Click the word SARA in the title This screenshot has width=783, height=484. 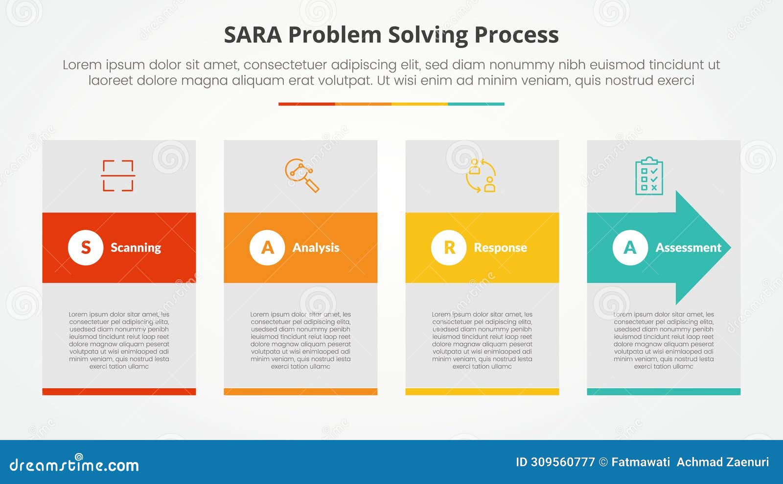(x=253, y=35)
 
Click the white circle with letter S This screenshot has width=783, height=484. (x=86, y=247)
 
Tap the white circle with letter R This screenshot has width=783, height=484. (x=449, y=247)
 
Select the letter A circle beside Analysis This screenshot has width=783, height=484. (x=267, y=247)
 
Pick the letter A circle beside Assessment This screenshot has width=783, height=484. (x=630, y=247)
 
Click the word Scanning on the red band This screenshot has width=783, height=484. (x=136, y=248)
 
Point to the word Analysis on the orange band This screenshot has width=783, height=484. (x=316, y=248)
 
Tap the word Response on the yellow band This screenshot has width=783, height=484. (x=500, y=248)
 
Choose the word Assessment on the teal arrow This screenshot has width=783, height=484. (x=688, y=248)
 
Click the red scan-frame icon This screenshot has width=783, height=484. (x=118, y=176)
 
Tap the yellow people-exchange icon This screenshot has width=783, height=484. (x=481, y=176)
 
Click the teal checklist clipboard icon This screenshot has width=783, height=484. (x=649, y=176)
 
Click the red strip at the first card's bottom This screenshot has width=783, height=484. (x=119, y=392)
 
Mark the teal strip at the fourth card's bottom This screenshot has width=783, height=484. (x=664, y=392)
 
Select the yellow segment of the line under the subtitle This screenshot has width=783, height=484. (x=419, y=104)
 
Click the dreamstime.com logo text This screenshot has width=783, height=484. (x=74, y=465)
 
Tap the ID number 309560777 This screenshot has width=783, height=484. (x=563, y=462)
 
